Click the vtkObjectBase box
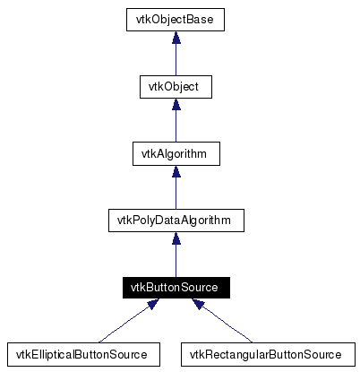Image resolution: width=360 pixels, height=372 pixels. pyautogui.click(x=176, y=19)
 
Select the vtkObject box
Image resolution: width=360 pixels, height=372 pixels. pyautogui.click(x=176, y=86)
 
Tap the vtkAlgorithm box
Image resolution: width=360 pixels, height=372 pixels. pyautogui.click(x=176, y=153)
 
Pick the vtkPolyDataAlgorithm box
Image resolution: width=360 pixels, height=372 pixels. pyautogui.click(x=176, y=220)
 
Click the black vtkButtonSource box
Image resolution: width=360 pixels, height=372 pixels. pyautogui.click(x=176, y=287)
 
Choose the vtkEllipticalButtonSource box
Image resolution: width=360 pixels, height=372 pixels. pyautogui.click(x=82, y=354)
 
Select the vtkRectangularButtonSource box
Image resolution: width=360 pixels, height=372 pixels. pyautogui.click(x=266, y=354)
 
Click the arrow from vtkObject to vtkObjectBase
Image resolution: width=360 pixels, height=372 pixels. pyautogui.click(x=176, y=58)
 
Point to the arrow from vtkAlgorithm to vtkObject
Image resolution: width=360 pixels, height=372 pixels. pyautogui.click(x=176, y=125)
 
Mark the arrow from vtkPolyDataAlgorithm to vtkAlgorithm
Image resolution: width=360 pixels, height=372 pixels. pyautogui.click(x=176, y=192)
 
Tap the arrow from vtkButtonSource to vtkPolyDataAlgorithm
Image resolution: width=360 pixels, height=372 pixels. pyautogui.click(x=176, y=259)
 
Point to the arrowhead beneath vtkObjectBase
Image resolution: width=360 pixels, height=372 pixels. pyautogui.click(x=176, y=36)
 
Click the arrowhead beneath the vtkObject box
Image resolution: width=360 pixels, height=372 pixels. pyautogui.click(x=176, y=103)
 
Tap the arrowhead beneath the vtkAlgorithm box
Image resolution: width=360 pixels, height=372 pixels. pyautogui.click(x=176, y=170)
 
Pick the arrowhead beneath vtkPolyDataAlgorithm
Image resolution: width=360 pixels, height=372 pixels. pyautogui.click(x=176, y=238)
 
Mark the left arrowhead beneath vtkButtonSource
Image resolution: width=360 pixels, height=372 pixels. pyautogui.click(x=153, y=305)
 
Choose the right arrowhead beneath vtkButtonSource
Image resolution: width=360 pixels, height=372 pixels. pyautogui.click(x=197, y=305)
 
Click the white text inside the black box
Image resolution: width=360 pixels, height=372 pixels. pyautogui.click(x=176, y=287)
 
